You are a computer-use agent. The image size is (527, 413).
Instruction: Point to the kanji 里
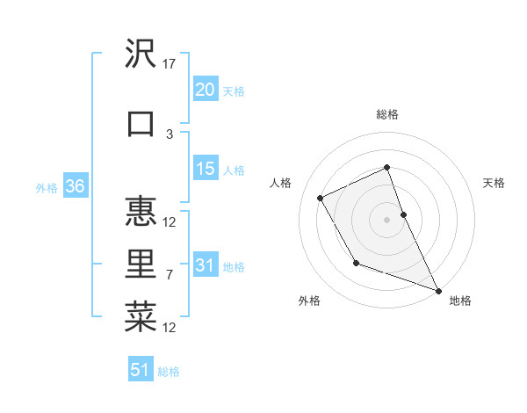141,265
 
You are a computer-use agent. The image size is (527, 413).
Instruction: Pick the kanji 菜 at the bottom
141,318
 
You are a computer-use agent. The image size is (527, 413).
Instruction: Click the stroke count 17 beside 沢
170,63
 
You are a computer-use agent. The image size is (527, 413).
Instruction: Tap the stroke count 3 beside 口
170,134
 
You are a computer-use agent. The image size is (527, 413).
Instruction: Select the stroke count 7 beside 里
170,275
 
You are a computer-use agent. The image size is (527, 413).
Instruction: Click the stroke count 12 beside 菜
170,328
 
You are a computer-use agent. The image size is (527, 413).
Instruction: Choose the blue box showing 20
206,90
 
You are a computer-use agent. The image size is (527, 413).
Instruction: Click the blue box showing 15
206,169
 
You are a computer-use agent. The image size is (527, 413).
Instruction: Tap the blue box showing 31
206,265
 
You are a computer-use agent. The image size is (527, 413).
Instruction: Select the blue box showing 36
75,186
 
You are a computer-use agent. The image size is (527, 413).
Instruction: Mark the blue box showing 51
141,370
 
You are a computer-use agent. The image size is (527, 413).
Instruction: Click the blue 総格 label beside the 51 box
169,372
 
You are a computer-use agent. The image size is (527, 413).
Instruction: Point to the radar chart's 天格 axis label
495,183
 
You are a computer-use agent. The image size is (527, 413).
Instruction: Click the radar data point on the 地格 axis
438,290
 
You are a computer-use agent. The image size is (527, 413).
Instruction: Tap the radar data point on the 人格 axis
321,198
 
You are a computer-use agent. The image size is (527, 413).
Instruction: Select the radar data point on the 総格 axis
387,168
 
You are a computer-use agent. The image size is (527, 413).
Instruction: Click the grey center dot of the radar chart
387,220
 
